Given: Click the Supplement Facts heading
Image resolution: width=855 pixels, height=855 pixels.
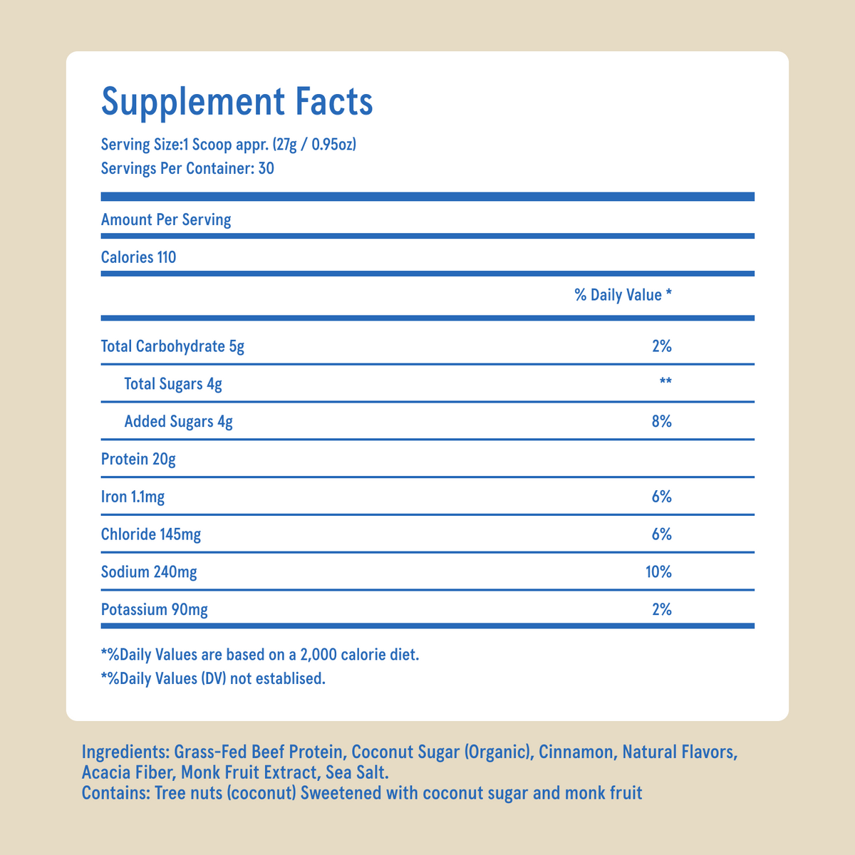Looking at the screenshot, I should click(237, 101).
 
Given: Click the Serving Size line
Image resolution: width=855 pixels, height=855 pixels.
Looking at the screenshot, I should click(229, 145).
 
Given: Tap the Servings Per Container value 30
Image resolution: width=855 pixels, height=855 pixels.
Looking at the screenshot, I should click(266, 170).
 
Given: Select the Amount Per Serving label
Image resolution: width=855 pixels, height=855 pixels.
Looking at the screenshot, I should click(166, 219).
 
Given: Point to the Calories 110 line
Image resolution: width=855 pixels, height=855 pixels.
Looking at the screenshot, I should click(138, 257).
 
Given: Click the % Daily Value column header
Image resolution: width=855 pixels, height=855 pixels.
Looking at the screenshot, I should click(623, 295).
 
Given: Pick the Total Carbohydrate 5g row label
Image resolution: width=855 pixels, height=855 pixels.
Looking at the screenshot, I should click(172, 347).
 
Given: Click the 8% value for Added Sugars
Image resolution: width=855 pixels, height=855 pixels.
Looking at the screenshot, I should click(661, 422).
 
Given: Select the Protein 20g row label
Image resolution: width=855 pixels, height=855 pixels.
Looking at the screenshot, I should click(138, 460).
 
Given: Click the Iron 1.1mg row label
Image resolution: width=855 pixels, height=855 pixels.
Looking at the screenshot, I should click(133, 497).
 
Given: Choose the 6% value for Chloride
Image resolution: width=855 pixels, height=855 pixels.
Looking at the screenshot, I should click(661, 534).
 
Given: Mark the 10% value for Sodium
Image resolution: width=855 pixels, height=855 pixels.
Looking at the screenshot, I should click(658, 572).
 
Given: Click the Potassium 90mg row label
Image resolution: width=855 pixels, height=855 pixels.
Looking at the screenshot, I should click(155, 610).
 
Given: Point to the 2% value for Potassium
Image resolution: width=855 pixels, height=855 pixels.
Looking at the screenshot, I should click(661, 610).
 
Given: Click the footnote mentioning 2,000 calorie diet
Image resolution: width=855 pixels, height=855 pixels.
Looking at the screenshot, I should click(260, 654).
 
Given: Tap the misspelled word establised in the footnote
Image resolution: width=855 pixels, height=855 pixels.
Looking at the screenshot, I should click(291, 679).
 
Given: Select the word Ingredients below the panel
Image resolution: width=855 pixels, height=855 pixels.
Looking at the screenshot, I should click(125, 753).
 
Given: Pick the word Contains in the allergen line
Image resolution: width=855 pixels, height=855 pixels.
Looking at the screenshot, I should click(115, 793).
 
